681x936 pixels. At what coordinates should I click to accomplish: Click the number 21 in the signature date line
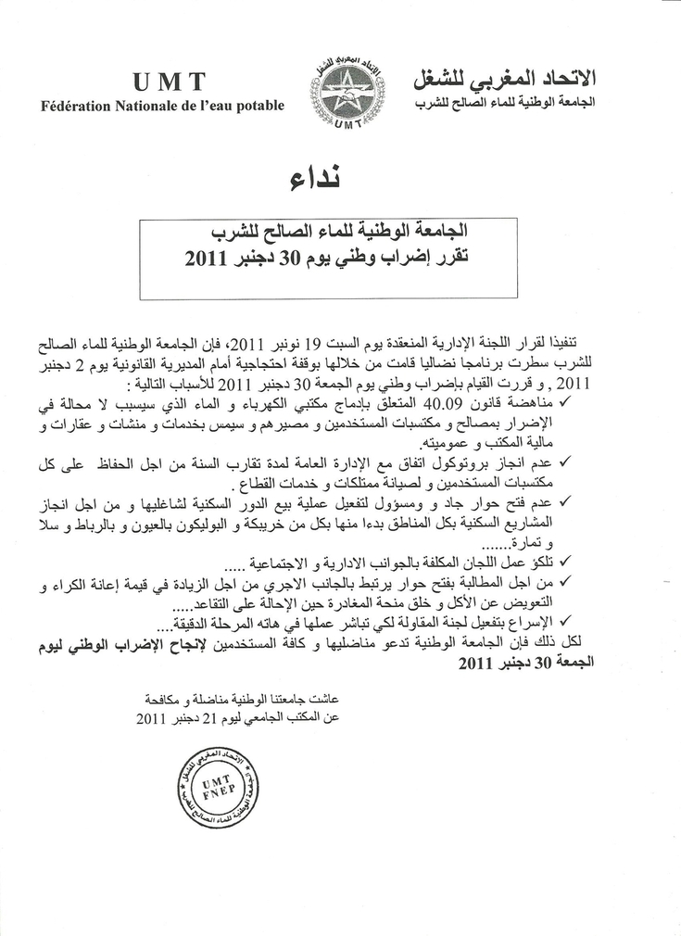click(211, 717)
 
